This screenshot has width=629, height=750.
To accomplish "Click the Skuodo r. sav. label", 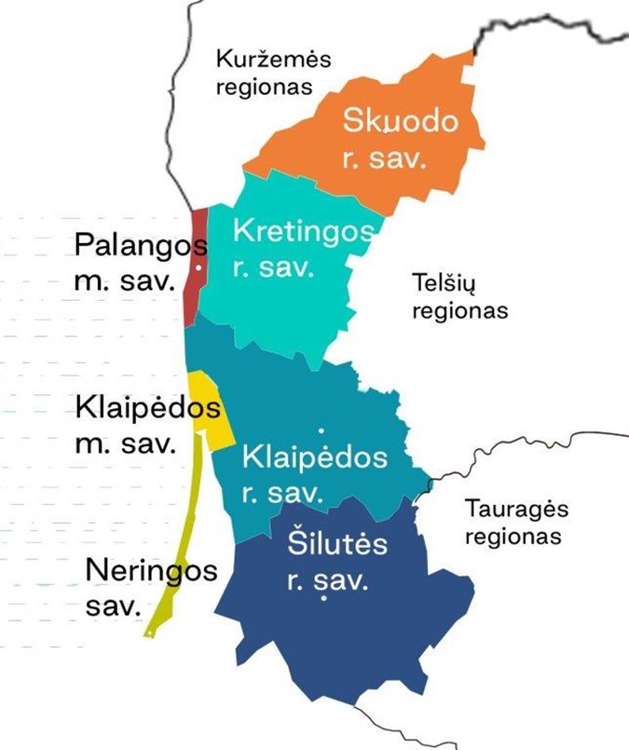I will pyautogui.click(x=401, y=138).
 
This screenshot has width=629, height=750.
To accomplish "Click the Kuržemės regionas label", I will pyautogui.click(x=273, y=74).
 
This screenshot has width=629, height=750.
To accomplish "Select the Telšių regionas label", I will pyautogui.click(x=459, y=295).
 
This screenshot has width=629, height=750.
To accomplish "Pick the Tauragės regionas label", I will pyautogui.click(x=515, y=523).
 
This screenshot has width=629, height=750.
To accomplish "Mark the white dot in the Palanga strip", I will pyautogui.click(x=198, y=267).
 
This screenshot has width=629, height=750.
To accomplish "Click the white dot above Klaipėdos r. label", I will pyautogui.click(x=321, y=431).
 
